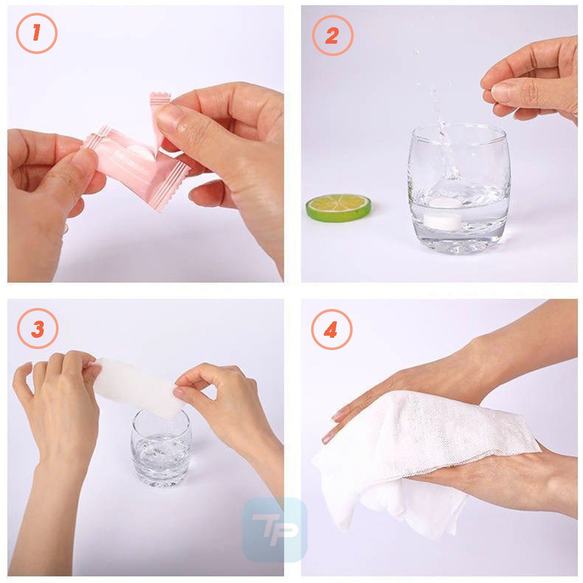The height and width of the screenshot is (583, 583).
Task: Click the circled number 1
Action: (x=36, y=34)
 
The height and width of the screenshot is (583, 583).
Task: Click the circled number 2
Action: (x=332, y=35)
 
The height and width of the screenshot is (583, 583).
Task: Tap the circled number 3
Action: (x=38, y=329)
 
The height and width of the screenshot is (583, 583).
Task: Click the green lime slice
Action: (x=338, y=207)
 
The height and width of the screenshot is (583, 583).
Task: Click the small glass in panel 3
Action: (x=161, y=450)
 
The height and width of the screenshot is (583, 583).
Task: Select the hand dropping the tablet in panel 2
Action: (x=532, y=80)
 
